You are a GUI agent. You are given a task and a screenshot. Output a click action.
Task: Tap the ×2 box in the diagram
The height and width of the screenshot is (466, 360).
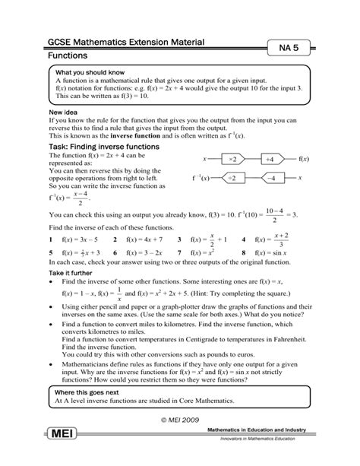point(232,160)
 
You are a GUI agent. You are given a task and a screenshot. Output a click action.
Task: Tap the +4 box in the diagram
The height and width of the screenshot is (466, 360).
point(269,160)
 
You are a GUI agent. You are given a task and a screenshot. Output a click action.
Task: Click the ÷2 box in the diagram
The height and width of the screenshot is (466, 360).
point(232,178)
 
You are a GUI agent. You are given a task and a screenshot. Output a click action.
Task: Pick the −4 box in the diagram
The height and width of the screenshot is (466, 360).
point(269,178)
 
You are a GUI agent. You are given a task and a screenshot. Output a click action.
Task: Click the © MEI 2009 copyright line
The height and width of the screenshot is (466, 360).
point(180,419)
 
